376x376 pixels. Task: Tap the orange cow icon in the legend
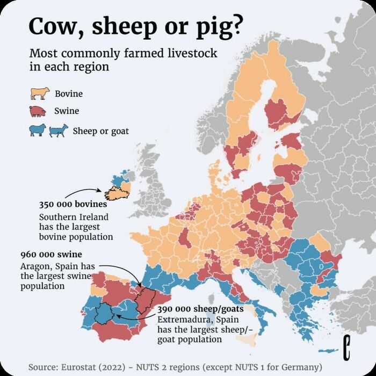[40, 94]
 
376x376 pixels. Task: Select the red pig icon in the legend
[40, 111]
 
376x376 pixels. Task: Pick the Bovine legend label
[69, 94]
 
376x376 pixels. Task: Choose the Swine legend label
[67, 111]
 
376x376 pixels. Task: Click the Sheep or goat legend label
[100, 130]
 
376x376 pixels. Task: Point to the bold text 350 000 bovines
[73, 205]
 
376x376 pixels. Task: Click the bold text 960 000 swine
[51, 255]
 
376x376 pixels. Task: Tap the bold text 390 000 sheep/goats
[200, 309]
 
